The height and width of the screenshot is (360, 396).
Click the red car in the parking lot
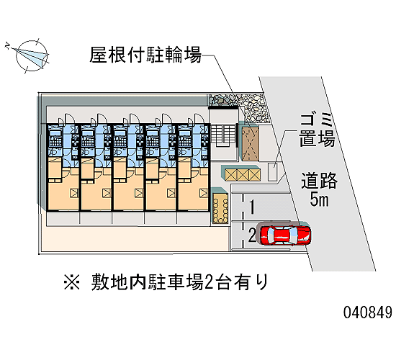pos(285,235)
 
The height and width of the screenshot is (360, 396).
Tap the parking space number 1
pos(252,207)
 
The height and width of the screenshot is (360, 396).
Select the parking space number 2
pos(252,235)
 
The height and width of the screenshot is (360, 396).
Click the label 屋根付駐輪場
pos(145,55)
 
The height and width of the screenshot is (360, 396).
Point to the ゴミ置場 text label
pos(318,130)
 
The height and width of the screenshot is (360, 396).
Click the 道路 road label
pos(319,181)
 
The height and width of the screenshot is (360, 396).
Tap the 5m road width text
pos(320,199)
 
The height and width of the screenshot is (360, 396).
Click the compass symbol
pos(28,55)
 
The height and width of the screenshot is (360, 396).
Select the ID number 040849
pos(367,312)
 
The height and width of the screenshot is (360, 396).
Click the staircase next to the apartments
pos(223,135)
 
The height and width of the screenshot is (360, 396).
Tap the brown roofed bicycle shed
pos(251,144)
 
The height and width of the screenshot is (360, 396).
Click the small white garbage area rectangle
pos(272,171)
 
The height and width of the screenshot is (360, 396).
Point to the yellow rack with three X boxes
pos(243,174)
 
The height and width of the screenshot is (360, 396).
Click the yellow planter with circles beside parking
pos(220,208)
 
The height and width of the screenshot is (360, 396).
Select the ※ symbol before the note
pos(72,282)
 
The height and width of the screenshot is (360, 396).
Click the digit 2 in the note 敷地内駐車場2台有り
pos(207,282)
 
